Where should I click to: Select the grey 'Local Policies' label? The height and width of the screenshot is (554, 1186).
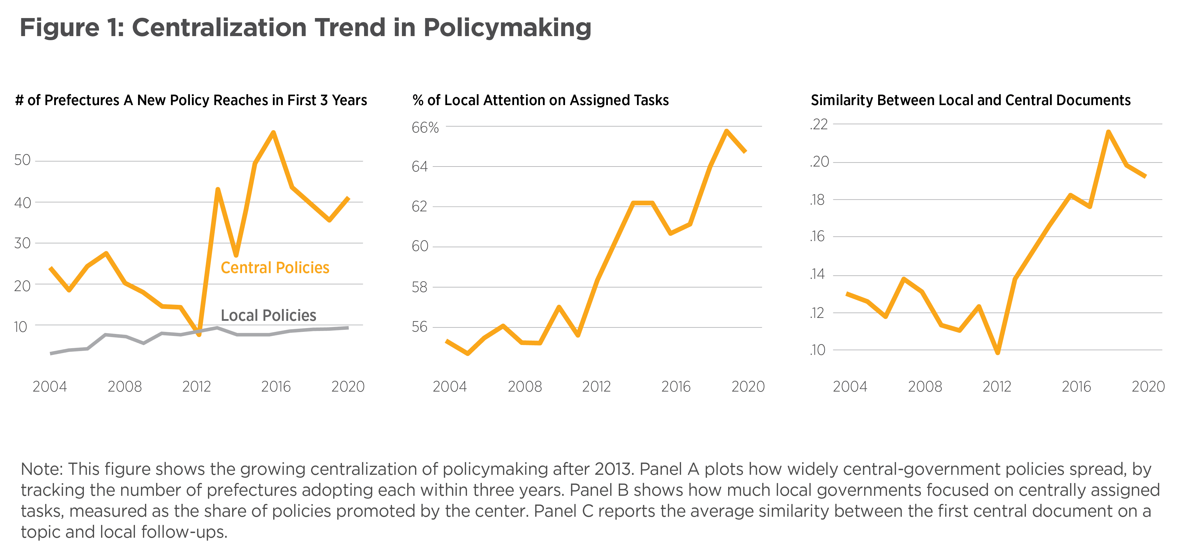pos(269,316)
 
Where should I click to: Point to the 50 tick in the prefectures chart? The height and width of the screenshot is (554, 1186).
pos(22,160)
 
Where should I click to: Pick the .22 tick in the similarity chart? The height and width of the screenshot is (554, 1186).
pos(819,124)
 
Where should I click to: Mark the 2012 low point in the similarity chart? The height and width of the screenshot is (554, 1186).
pos(998,353)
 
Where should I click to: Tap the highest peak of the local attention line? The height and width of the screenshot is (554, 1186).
pos(726,131)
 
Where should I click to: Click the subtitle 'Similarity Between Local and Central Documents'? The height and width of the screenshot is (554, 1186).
pos(970,100)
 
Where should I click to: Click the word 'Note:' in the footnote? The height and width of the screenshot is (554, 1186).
pos(41,469)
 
